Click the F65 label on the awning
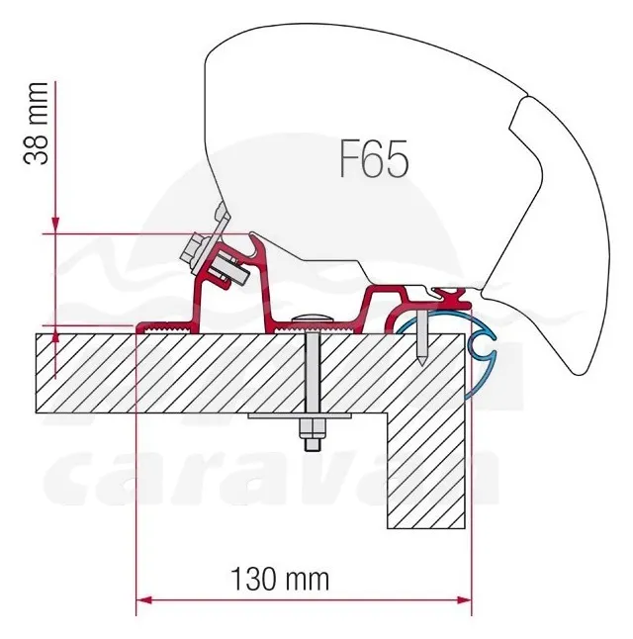374,158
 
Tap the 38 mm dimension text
36,124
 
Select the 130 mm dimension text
280,579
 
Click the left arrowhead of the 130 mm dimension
143,600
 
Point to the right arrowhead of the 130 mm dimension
464,600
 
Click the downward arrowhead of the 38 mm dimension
55,226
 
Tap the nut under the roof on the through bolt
313,429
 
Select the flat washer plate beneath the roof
300,415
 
